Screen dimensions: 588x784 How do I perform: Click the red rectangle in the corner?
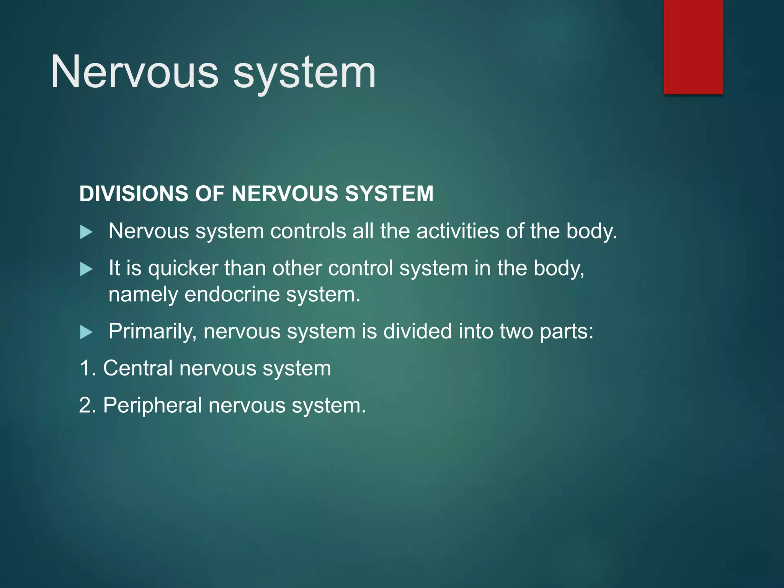click(693, 47)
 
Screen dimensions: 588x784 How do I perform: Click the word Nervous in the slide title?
click(134, 72)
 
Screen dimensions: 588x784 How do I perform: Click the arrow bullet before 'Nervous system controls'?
click(87, 232)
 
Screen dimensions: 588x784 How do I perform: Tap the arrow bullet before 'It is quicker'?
click(87, 269)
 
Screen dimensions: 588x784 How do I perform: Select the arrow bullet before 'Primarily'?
click(87, 332)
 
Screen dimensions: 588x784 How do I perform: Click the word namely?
click(143, 295)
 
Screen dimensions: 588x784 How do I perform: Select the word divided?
click(418, 331)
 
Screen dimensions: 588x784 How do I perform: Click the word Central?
click(138, 368)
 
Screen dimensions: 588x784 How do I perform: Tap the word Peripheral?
click(152, 405)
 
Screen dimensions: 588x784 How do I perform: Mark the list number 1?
click(86, 368)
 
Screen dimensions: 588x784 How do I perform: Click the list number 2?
click(86, 405)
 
